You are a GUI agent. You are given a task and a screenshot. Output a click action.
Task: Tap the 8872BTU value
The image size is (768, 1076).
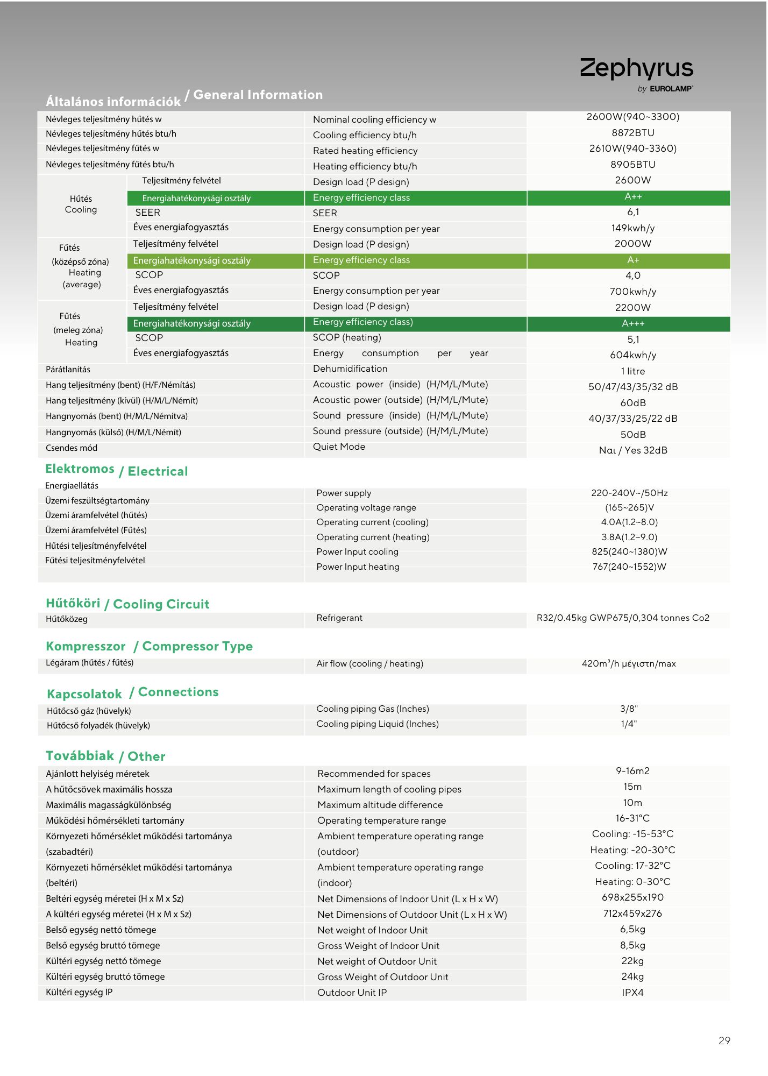[x=632, y=133]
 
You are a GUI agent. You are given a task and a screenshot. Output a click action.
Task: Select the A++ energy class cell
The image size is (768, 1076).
[x=633, y=197]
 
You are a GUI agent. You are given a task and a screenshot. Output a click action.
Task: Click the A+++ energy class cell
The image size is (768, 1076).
[x=633, y=323]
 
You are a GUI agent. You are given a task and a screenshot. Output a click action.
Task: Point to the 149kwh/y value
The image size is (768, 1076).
[x=632, y=228]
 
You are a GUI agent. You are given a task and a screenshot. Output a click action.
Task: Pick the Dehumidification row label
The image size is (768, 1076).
[x=350, y=369]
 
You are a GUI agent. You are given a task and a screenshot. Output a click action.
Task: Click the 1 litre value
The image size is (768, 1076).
[x=632, y=371]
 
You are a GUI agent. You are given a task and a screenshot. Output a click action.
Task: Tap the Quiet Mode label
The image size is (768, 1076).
[x=339, y=447]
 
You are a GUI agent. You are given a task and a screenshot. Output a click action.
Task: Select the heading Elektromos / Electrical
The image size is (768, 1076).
[x=116, y=470]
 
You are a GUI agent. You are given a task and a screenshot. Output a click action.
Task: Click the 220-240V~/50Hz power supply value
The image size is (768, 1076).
[x=629, y=493]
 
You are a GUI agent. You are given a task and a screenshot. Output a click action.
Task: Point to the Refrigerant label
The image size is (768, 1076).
[x=339, y=618]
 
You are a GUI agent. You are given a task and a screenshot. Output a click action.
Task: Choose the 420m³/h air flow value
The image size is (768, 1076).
[x=628, y=663]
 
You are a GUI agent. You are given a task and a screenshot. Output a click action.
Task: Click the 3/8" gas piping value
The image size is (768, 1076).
[x=629, y=709]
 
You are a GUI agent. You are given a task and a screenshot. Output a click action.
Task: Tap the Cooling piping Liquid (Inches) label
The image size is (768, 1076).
[x=377, y=724]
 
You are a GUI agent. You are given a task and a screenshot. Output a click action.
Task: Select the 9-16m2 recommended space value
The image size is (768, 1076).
[x=632, y=771]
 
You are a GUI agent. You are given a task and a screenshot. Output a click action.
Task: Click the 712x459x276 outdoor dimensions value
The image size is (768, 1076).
[x=632, y=914]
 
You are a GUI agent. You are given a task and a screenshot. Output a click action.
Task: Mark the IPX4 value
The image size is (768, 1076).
[x=632, y=992]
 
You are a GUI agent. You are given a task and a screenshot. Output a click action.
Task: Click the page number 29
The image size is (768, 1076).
[x=724, y=1040]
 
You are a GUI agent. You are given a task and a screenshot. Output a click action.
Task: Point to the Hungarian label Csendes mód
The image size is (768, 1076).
[x=72, y=448]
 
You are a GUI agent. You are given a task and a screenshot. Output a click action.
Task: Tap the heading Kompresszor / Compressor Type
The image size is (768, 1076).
[x=149, y=646]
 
